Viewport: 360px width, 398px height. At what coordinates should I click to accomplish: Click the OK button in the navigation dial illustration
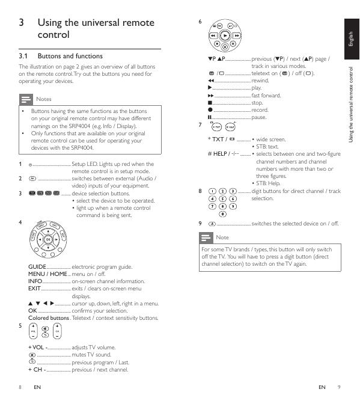point(48,239)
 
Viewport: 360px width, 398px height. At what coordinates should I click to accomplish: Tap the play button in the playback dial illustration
point(225,36)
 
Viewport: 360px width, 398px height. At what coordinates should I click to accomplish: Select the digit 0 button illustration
point(222,214)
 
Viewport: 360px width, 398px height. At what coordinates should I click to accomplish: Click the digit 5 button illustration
point(222,199)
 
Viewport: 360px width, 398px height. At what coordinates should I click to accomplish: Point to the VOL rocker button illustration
point(33,331)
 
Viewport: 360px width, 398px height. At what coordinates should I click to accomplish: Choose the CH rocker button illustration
point(57,331)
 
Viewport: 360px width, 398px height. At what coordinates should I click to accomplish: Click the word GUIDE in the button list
point(37,267)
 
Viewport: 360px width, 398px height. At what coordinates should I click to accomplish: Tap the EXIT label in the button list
point(34,289)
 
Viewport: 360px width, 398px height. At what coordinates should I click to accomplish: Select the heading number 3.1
point(23,56)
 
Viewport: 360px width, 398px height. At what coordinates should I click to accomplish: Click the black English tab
point(352,39)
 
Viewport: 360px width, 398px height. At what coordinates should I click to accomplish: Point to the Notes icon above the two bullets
point(26,99)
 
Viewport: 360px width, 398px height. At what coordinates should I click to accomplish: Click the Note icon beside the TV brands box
point(206,237)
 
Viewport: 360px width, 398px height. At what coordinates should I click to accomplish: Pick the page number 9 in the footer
point(339,387)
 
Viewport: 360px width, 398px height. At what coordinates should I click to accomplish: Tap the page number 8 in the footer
point(20,387)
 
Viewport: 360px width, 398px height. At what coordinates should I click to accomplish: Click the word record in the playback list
point(260,110)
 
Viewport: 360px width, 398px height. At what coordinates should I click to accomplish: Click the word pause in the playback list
point(258,117)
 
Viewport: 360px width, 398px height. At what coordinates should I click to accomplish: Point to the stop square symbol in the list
point(210,103)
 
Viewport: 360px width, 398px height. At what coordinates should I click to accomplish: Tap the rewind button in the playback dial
point(213,36)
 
